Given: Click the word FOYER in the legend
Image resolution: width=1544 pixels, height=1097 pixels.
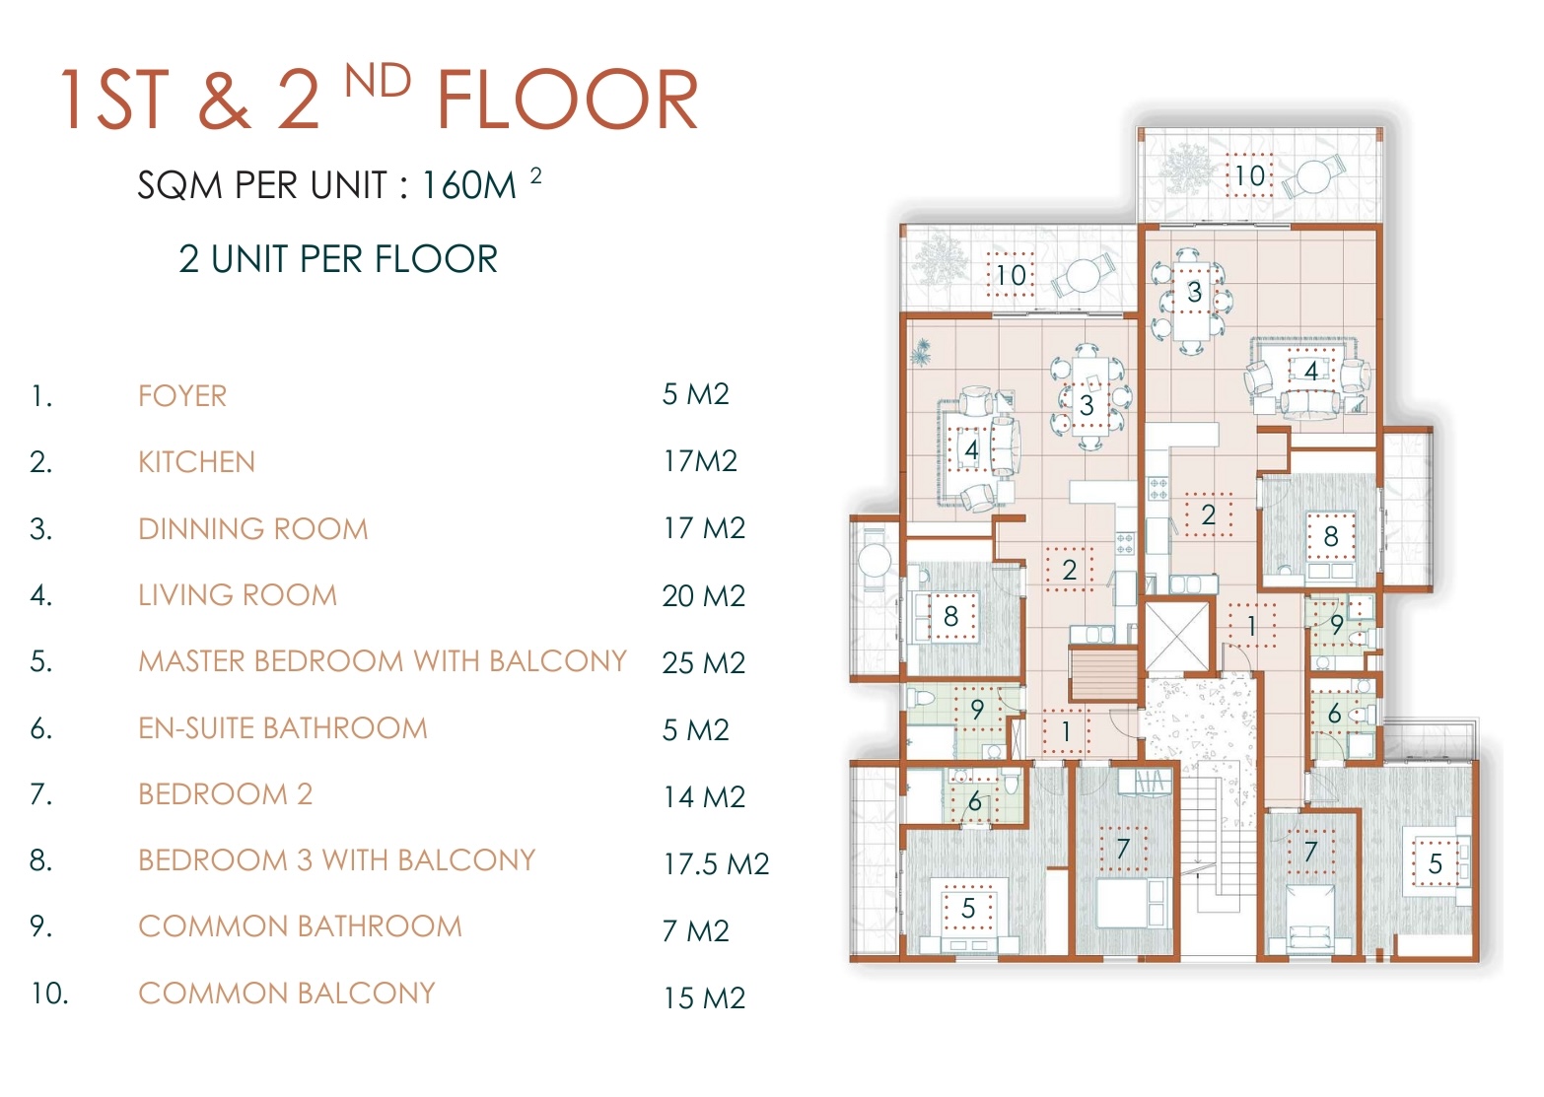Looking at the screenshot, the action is click(x=182, y=396).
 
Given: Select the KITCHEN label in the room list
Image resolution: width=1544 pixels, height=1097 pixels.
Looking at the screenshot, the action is click(x=196, y=462).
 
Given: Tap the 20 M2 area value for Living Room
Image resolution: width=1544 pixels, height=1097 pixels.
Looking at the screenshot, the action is click(x=704, y=596).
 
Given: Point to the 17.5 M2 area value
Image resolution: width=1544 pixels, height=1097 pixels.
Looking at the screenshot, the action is click(x=716, y=864).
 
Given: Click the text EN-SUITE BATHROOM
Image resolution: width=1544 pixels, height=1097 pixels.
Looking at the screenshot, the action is click(x=283, y=728).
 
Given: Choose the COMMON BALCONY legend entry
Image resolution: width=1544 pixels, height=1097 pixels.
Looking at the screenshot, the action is click(x=287, y=994).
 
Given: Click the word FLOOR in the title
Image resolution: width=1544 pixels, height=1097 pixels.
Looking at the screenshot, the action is click(x=568, y=100).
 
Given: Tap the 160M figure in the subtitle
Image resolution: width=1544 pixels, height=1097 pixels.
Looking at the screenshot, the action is click(x=468, y=185).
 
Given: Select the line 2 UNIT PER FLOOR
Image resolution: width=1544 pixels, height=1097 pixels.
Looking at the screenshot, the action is click(x=338, y=259).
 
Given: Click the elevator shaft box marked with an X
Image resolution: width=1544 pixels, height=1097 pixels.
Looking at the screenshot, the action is click(x=1176, y=636).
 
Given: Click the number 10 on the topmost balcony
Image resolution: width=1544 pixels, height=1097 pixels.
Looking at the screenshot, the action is click(x=1249, y=176).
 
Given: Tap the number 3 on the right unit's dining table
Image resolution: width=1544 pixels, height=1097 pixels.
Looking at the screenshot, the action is click(x=1195, y=292).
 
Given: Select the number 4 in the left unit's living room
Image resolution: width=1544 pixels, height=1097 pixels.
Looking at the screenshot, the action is click(x=971, y=450).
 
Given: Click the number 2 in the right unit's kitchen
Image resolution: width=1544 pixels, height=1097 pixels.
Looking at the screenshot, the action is click(x=1208, y=514).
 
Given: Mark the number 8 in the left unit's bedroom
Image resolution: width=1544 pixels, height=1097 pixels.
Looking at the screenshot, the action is click(x=950, y=616).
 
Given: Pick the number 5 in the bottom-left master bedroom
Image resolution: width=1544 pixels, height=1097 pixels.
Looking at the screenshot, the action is click(x=968, y=908).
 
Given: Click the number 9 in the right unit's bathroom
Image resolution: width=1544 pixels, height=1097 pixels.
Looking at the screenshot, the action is click(x=1337, y=625).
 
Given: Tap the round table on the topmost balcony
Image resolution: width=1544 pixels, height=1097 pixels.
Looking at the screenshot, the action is click(x=1313, y=177).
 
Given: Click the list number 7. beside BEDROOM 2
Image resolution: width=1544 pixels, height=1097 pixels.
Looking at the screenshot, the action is click(x=41, y=794).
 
